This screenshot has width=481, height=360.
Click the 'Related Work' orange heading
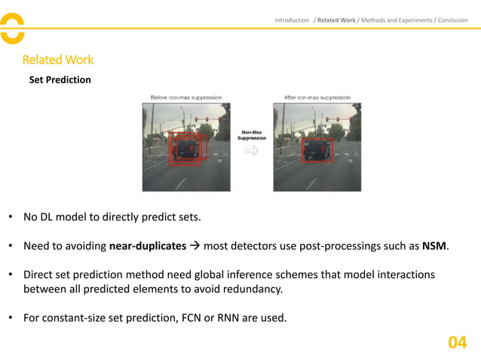tap(58, 59)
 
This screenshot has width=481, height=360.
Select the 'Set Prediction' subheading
tap(60, 79)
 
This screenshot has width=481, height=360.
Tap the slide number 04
tap(457, 343)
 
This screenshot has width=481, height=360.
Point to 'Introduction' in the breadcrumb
tap(292, 20)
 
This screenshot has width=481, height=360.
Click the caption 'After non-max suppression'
tap(317, 98)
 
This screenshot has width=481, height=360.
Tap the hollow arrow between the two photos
tap(252, 151)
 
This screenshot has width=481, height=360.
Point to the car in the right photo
tap(317, 149)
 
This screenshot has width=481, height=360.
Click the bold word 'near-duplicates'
tap(148, 246)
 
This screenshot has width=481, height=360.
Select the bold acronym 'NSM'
tap(435, 246)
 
